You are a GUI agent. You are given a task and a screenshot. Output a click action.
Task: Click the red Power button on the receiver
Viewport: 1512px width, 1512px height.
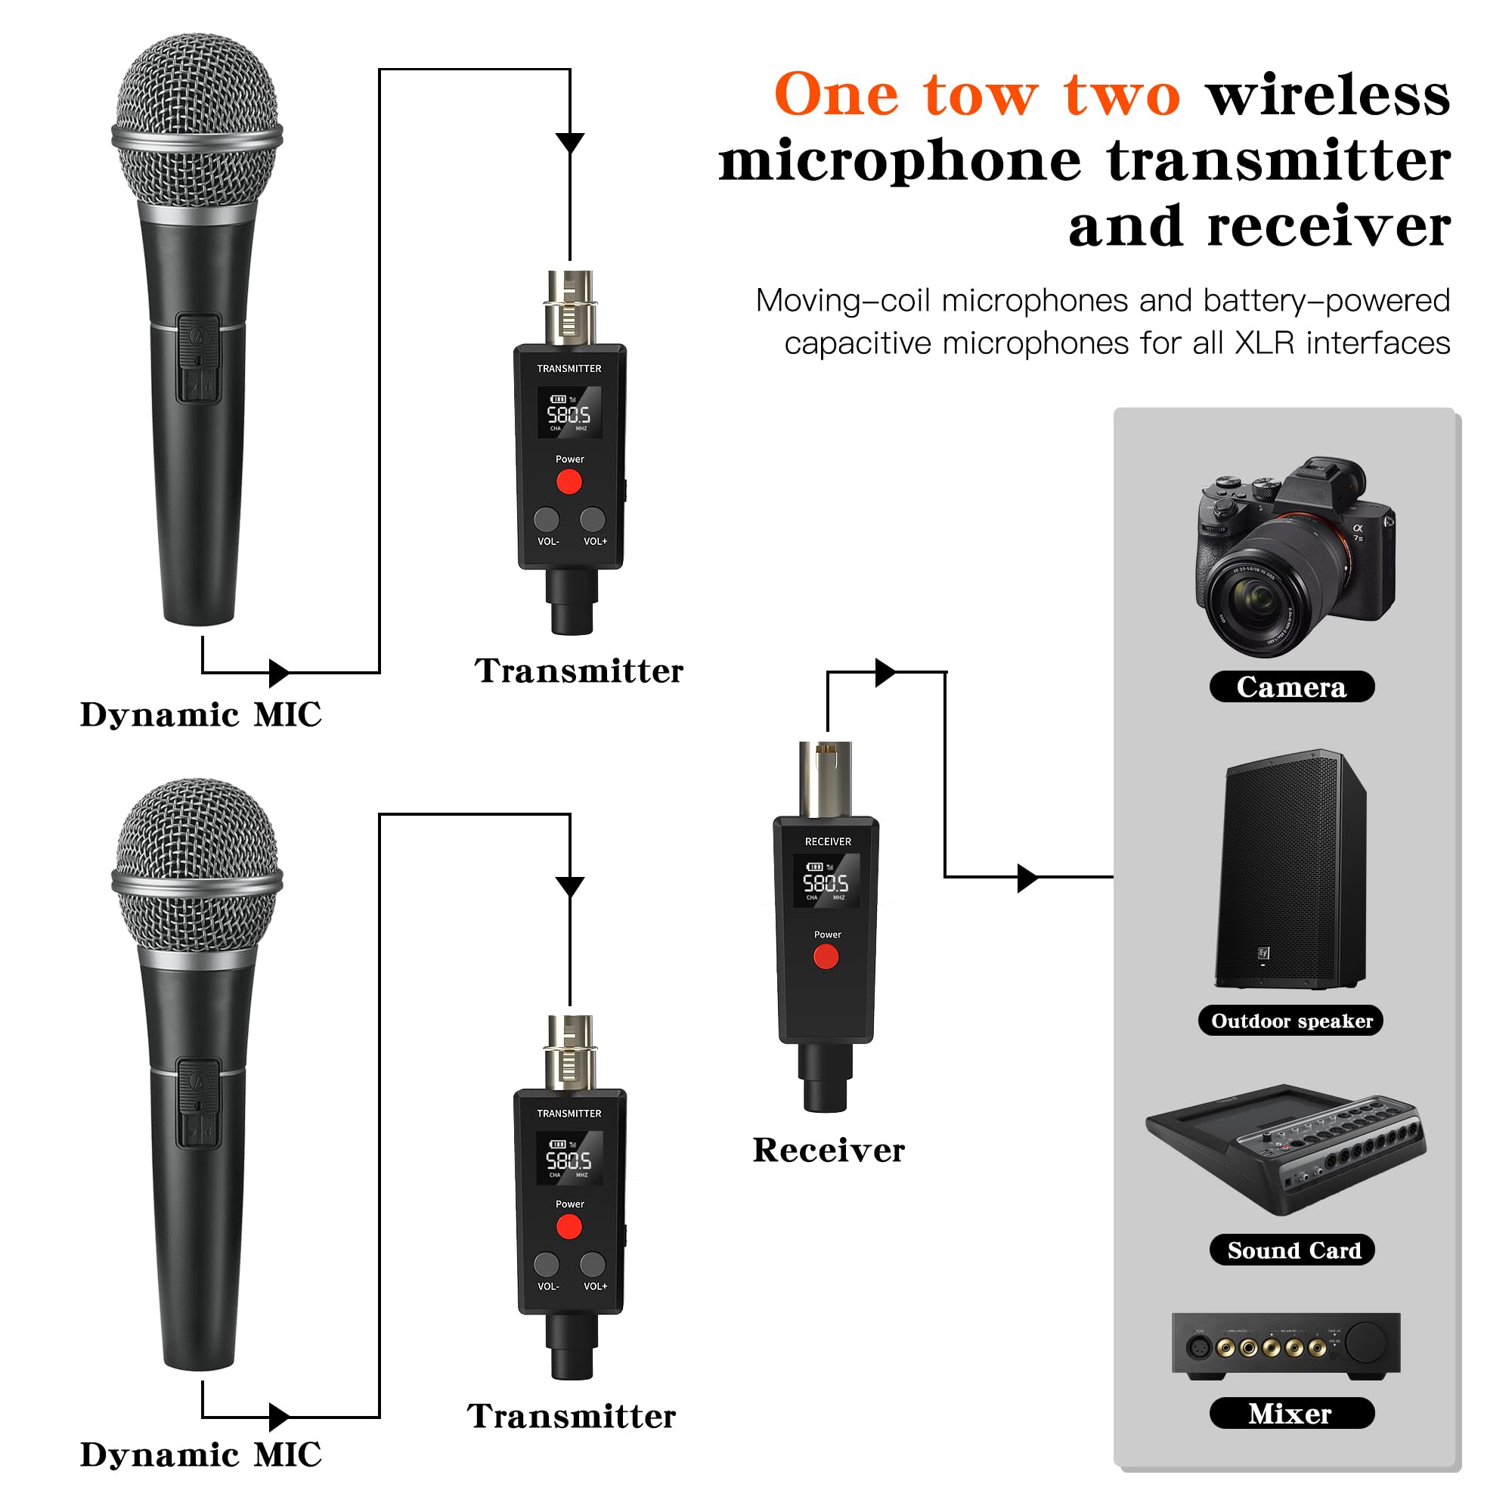(826, 956)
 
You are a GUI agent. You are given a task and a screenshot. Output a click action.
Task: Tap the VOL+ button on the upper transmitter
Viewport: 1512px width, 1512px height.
(593, 518)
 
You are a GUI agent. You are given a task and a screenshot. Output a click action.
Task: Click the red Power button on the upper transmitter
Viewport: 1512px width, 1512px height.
(569, 482)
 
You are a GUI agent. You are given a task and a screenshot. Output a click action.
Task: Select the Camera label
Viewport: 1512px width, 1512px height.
(1291, 686)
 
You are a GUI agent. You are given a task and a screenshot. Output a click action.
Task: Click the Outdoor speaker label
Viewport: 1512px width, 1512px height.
(1290, 1021)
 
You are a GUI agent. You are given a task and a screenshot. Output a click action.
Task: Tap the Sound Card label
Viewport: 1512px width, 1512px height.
(1293, 1250)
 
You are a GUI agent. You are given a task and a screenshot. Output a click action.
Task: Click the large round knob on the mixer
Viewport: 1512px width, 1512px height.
(1366, 1343)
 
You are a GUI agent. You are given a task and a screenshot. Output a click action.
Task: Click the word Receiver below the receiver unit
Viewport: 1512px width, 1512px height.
(828, 1151)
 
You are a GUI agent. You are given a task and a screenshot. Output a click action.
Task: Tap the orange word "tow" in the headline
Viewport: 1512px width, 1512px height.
(981, 95)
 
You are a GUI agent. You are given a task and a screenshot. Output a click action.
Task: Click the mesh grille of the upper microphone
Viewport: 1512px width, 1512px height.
(197, 117)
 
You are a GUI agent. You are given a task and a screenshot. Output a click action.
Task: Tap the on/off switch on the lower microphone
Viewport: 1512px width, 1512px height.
(198, 1104)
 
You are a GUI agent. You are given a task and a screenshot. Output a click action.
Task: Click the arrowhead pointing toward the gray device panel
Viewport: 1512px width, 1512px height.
(1027, 877)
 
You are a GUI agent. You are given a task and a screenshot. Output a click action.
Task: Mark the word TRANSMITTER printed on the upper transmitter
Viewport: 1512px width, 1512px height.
(569, 369)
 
